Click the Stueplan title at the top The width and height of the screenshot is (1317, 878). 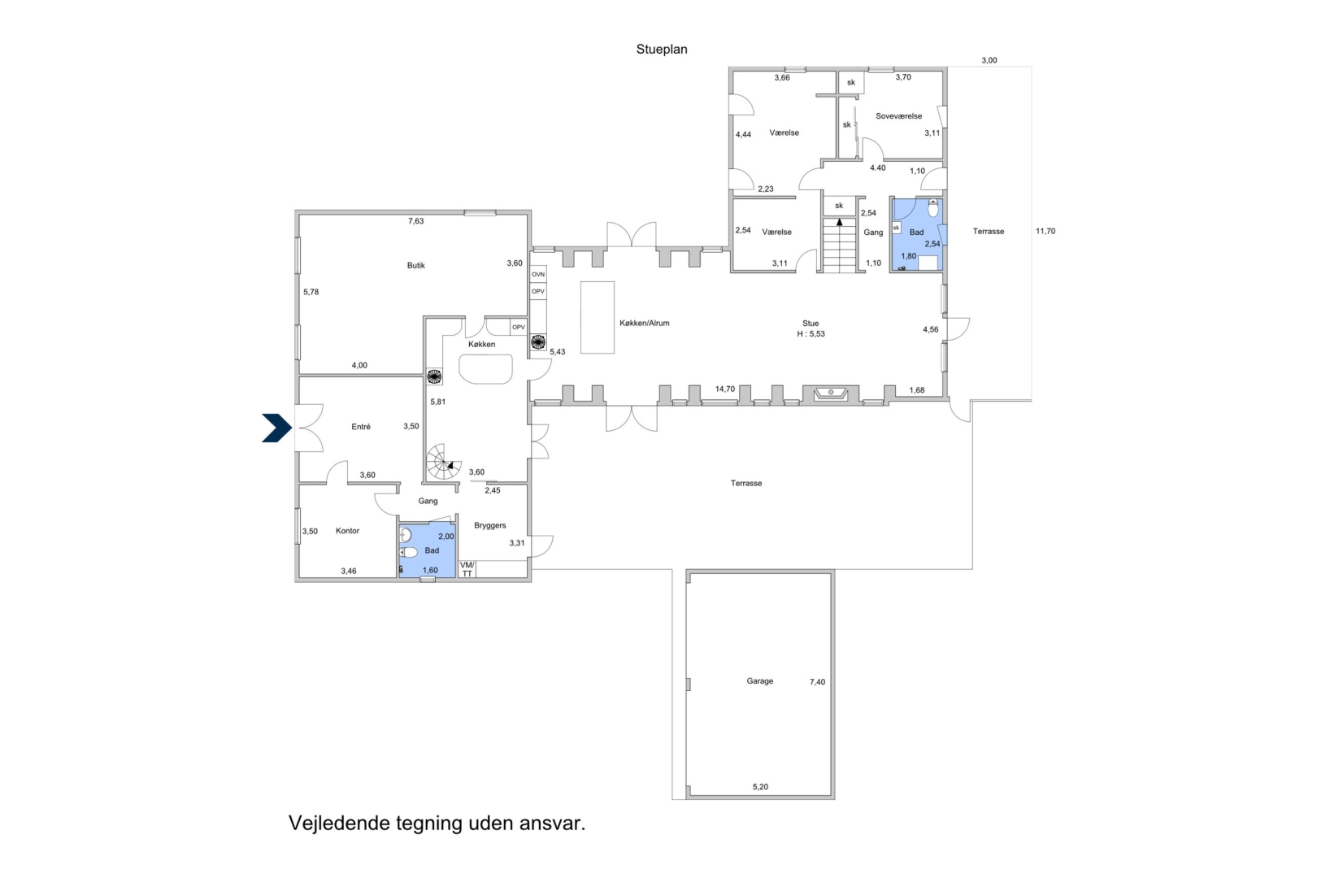point(662,50)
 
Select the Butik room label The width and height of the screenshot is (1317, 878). point(415,265)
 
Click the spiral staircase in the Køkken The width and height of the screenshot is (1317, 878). point(443,462)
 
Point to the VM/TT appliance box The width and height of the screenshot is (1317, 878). point(467,569)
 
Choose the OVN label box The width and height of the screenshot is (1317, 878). point(538,275)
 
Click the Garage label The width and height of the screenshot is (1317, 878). point(759,681)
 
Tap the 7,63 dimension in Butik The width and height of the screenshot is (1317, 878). point(415,221)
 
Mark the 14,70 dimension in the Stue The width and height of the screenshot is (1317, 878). point(725,389)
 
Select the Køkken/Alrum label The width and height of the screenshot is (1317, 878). point(645,323)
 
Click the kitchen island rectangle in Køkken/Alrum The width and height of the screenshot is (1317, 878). point(598,318)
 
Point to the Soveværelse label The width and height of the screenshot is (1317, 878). point(898,116)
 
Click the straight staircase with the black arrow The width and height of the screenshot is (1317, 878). point(839,245)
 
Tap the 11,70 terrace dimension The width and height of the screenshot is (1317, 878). point(1045,231)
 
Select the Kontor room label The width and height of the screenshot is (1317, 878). point(347,530)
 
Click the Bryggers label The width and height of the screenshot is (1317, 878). point(489,525)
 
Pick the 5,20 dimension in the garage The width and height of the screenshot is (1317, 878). point(760,787)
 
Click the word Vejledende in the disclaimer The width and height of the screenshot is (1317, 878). point(339,824)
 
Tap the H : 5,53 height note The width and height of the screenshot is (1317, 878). point(811,333)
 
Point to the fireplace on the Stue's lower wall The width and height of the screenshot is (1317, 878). point(831,393)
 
